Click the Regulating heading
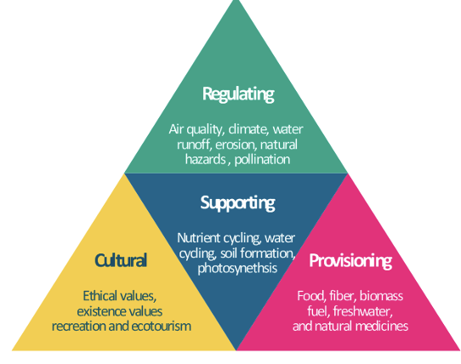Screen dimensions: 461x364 coord(238,94)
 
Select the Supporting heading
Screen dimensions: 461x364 coord(237,203)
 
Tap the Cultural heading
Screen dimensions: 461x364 coord(121,260)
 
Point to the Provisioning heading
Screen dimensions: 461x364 coord(350,261)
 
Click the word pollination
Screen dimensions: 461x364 coord(262,160)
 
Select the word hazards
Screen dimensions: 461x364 coord(206,159)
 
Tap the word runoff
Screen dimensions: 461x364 coord(194,145)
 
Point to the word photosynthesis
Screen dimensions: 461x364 coord(237,268)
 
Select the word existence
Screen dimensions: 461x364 coord(99,311)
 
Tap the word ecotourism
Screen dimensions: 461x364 coord(161,327)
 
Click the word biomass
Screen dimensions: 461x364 coord(381,296)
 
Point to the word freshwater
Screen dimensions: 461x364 coord(363,311)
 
